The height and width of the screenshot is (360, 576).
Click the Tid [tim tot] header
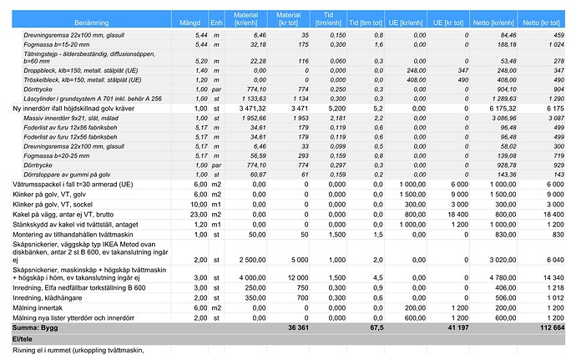(365, 18)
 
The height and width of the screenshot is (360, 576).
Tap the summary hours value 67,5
(376, 328)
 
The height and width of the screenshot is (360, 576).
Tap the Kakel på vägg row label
(63, 215)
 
